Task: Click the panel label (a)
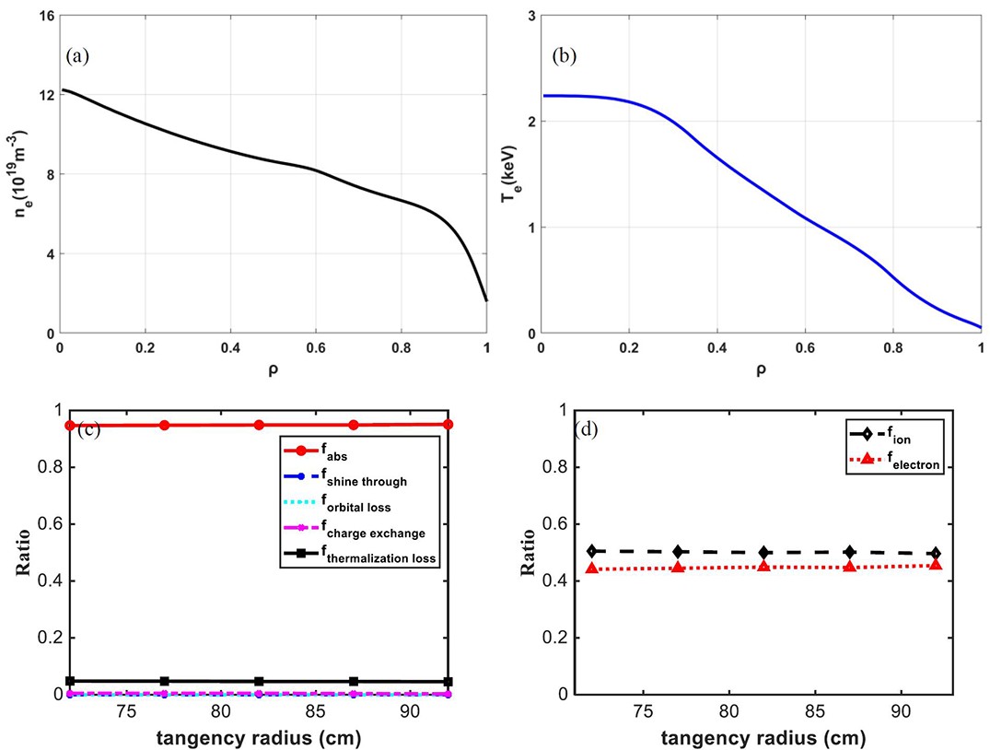pos(77,57)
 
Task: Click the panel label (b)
pos(565,57)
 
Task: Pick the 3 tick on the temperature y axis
pos(531,15)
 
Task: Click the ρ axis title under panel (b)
pos(761,369)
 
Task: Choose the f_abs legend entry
pos(316,452)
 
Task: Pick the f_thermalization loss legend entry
pos(360,556)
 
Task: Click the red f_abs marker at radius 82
pos(259,425)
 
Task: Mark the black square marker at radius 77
pos(165,681)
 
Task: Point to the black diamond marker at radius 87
pos(850,552)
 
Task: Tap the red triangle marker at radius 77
pos(678,568)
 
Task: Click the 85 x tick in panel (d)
pos(815,710)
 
